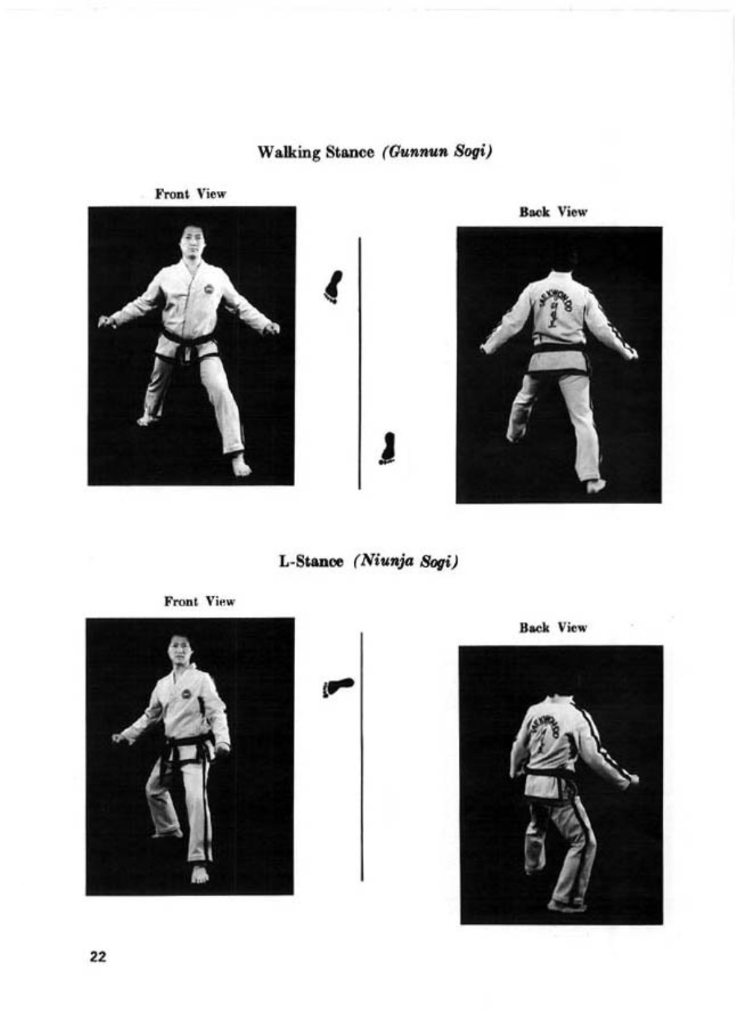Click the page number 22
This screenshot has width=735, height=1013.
tap(98, 957)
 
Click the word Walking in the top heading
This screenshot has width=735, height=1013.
tap(289, 153)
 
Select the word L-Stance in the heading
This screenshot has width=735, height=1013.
tap(311, 562)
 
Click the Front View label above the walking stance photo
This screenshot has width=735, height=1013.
tap(190, 194)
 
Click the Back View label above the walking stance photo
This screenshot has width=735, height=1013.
tap(553, 212)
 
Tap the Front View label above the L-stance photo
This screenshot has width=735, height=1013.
tap(199, 602)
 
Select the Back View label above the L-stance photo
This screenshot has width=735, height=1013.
tap(553, 628)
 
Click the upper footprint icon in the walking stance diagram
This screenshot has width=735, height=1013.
tap(333, 287)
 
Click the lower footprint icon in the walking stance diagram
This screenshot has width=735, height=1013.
tap(386, 448)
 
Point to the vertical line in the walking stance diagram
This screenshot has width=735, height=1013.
tap(360, 363)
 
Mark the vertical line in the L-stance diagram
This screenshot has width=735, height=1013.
tap(362, 756)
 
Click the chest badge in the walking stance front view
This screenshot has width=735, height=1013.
tap(209, 289)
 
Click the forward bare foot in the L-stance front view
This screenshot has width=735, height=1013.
tap(199, 874)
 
